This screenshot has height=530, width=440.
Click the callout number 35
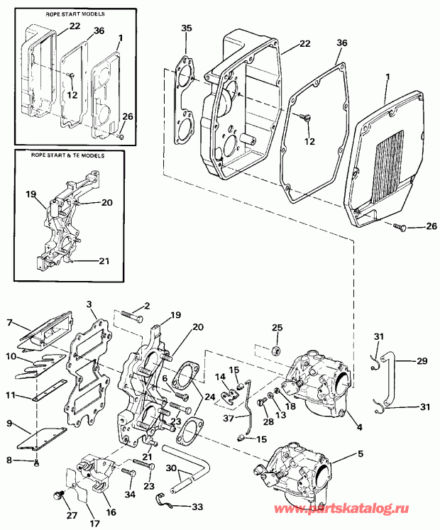pos(187,28)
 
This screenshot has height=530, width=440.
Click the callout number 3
pos(90,304)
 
